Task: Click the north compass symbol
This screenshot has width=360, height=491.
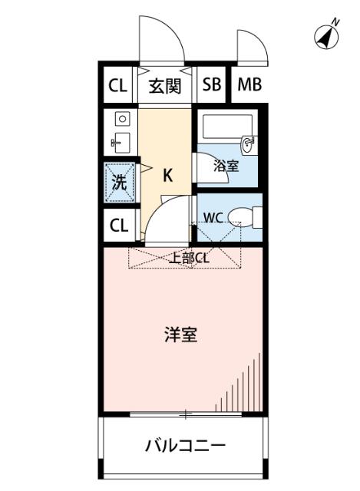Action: (x=329, y=35)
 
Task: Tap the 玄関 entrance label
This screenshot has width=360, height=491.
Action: (x=164, y=85)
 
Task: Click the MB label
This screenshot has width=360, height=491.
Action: (x=249, y=85)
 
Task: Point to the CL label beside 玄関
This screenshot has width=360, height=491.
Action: (x=117, y=85)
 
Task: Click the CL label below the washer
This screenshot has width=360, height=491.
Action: (x=118, y=226)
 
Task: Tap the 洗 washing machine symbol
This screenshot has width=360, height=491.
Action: (x=119, y=183)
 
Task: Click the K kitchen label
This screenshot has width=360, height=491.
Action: (x=167, y=175)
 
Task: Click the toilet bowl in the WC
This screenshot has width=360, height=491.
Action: (x=246, y=217)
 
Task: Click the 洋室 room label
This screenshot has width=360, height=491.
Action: (x=180, y=335)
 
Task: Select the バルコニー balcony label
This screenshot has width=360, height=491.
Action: (x=184, y=445)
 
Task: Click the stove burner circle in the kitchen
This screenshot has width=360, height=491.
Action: (x=121, y=120)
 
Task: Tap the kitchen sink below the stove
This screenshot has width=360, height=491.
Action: (x=121, y=141)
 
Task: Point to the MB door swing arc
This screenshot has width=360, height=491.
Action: (x=252, y=46)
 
